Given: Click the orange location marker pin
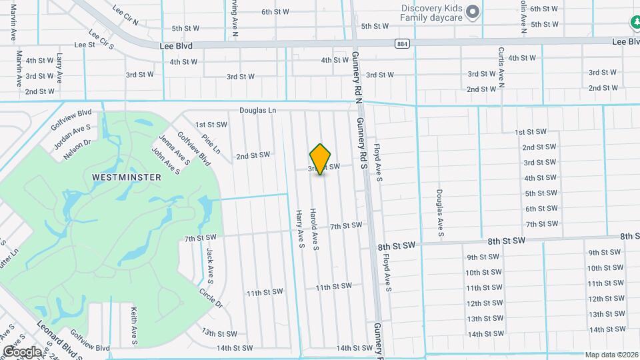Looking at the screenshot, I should (x=321, y=159).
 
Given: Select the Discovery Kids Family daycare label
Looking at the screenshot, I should (x=431, y=13).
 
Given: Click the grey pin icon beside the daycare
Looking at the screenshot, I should (x=473, y=11).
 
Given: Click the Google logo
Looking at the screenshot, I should (x=21, y=351).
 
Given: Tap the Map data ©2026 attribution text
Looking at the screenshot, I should (x=611, y=355).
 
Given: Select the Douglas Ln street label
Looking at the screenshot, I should (x=259, y=111).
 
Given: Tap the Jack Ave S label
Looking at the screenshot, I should (x=209, y=264).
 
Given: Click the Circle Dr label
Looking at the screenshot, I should (x=211, y=297).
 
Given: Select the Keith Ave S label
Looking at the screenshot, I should (x=134, y=326).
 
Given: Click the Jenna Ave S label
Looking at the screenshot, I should (x=165, y=148).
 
